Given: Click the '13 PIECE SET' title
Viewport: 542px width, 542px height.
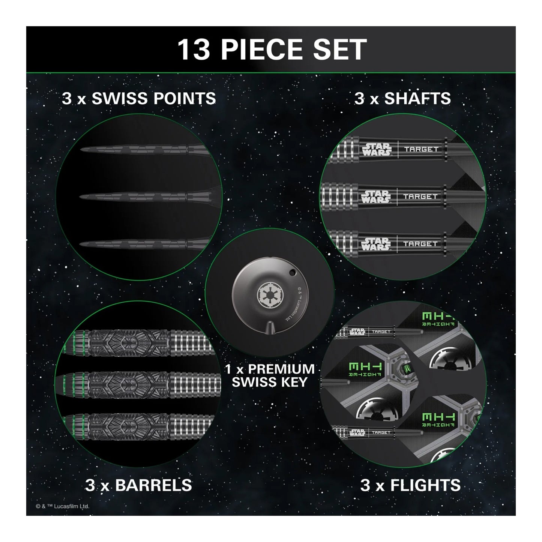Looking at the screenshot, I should [271, 49].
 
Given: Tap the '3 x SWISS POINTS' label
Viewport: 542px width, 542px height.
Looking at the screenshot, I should [139, 98].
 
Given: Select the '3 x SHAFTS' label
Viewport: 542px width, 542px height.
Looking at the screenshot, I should [403, 98].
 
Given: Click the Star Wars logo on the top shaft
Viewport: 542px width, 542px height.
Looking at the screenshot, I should [376, 149].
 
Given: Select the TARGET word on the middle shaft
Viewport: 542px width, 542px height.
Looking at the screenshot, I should [420, 197].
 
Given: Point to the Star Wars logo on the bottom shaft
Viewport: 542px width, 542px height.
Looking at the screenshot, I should [376, 244].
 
